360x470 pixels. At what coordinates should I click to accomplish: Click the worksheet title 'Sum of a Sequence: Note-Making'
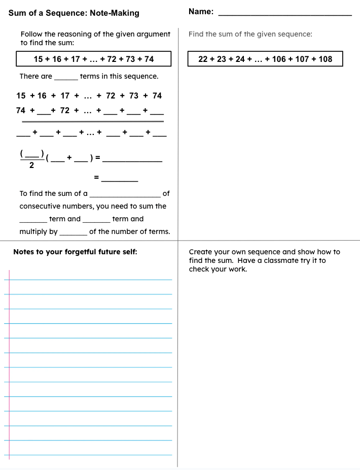click(74, 13)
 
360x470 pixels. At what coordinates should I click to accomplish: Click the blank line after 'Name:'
click(284, 15)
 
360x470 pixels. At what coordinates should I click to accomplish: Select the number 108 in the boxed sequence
click(326, 59)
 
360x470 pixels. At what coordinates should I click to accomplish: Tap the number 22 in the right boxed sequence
click(203, 59)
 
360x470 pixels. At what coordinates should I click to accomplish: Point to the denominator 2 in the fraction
click(31, 165)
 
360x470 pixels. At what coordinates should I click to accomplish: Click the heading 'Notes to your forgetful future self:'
click(75, 252)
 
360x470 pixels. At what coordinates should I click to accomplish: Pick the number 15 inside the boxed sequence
click(38, 59)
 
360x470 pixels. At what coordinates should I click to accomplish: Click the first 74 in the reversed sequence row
click(21, 110)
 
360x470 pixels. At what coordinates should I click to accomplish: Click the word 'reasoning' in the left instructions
click(75, 34)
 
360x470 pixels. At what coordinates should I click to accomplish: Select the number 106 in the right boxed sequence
click(279, 59)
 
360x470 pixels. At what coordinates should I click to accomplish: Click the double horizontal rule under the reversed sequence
click(92, 122)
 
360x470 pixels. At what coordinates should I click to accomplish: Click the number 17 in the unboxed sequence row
click(65, 95)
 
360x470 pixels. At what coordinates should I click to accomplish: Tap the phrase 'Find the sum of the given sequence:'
click(250, 34)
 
